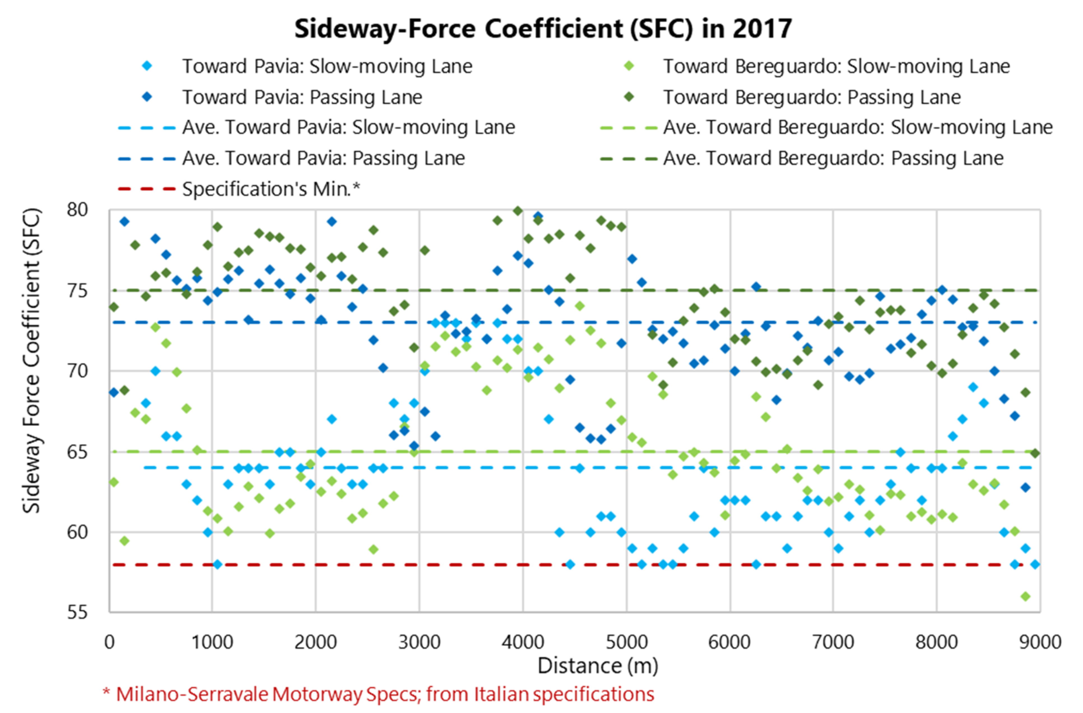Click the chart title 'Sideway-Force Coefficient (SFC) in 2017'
pyautogui.click(x=543, y=29)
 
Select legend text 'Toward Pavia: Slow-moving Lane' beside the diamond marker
pyautogui.click(x=327, y=66)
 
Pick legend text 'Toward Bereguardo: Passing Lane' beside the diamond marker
pyautogui.click(x=812, y=97)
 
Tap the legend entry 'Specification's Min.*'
pyautogui.click(x=271, y=189)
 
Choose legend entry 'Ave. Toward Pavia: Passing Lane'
pyautogui.click(x=324, y=158)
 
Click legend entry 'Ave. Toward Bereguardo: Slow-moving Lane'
pyautogui.click(x=858, y=127)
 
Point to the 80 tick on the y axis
pyautogui.click(x=77, y=210)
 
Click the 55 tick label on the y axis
pyautogui.click(x=77, y=612)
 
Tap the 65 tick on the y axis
pyautogui.click(x=77, y=452)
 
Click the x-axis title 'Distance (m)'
pyautogui.click(x=598, y=666)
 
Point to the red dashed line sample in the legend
pyautogui.click(x=147, y=189)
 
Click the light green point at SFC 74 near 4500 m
pyautogui.click(x=580, y=306)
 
